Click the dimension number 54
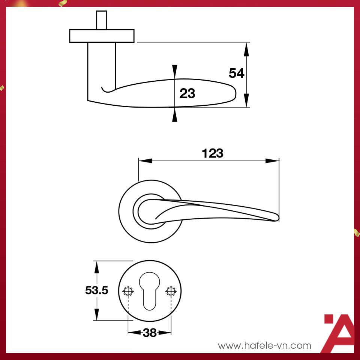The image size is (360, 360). point(236,73)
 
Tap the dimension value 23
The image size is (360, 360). point(187,93)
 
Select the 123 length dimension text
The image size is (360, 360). point(212,153)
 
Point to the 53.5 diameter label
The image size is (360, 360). point(97,290)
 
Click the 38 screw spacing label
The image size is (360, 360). point(150,333)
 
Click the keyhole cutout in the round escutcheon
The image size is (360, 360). point(150,291)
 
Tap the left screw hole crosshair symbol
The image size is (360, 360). point(128,291)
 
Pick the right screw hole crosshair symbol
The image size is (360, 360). point(171,291)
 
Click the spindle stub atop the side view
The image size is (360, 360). point(102,20)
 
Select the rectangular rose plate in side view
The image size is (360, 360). point(102,36)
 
